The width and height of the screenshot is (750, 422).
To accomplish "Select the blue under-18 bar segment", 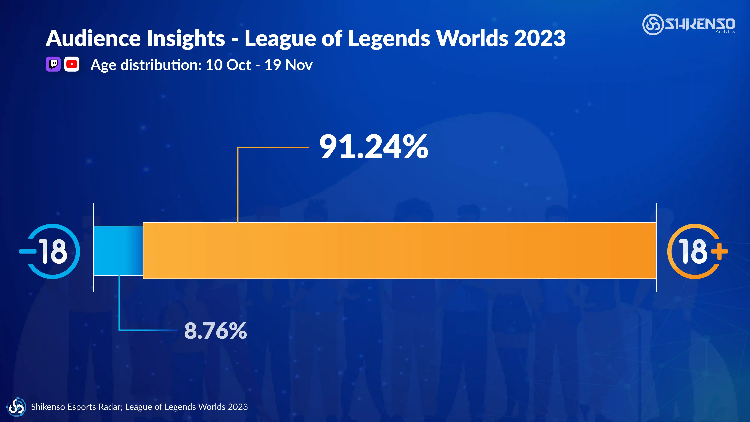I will click(118, 251).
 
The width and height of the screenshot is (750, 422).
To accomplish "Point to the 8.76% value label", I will click(215, 331).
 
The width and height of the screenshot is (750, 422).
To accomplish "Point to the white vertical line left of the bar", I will click(93, 248).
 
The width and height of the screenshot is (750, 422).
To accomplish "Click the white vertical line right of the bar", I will click(656, 248).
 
